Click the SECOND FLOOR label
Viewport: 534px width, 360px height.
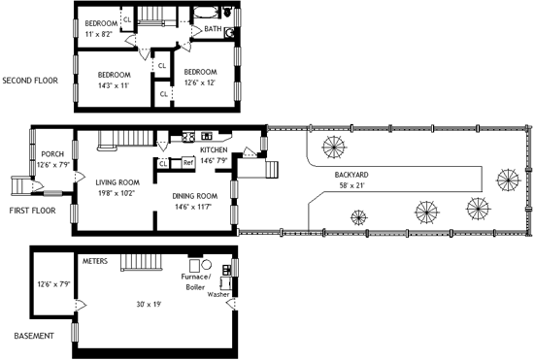coord(30,81)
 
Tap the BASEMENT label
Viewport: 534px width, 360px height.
coord(34,336)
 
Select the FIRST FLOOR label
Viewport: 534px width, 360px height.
coord(32,211)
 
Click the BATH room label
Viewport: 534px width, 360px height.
coord(213,29)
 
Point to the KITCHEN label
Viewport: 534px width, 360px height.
coord(214,150)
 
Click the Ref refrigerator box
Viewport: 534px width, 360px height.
coord(188,163)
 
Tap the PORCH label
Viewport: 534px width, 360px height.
coord(52,154)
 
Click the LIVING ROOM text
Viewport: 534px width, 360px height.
coord(117,182)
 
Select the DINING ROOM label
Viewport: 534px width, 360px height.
coord(194,196)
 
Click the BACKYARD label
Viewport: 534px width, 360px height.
coord(351,175)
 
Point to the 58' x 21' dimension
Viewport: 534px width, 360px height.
coord(351,185)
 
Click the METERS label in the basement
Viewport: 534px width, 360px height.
coord(95,261)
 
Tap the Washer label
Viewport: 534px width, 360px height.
coord(218,294)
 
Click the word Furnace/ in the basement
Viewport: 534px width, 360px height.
coord(196,277)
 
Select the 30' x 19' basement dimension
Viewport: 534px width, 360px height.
coord(149,304)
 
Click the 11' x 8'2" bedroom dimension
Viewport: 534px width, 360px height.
coord(98,34)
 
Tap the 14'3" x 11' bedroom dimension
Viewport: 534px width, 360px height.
coord(114,85)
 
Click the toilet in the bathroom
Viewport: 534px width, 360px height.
coord(227,12)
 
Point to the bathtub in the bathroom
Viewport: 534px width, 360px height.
coord(207,13)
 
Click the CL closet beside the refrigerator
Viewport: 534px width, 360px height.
coord(163,164)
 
